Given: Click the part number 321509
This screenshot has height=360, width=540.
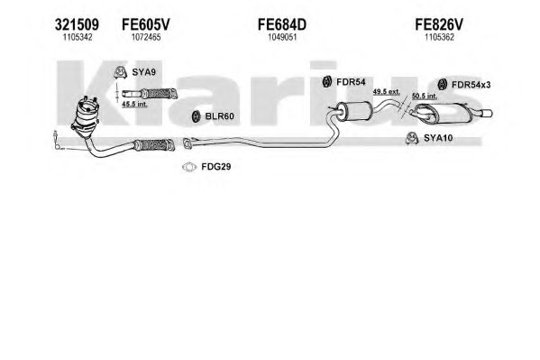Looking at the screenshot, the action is pyautogui.click(x=77, y=24).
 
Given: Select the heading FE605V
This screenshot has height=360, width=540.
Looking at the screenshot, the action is pyautogui.click(x=146, y=24).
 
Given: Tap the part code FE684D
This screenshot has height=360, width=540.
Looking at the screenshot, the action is pyautogui.click(x=282, y=24).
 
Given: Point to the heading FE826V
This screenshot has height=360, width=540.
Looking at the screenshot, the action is pyautogui.click(x=439, y=24).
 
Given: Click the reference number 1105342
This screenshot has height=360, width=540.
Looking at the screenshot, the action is pyautogui.click(x=78, y=37).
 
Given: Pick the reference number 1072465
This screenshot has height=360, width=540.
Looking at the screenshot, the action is pyautogui.click(x=146, y=37).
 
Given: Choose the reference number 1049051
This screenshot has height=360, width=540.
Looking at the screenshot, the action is pyautogui.click(x=282, y=37).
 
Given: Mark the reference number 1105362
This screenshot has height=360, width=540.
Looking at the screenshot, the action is pyautogui.click(x=439, y=37).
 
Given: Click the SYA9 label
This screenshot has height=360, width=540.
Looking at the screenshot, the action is pyautogui.click(x=144, y=72).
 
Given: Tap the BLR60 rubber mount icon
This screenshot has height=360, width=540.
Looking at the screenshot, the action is pyautogui.click(x=196, y=116).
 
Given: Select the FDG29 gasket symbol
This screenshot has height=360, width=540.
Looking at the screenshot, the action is pyautogui.click(x=188, y=167).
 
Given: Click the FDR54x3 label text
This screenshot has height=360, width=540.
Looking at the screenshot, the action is pyautogui.click(x=471, y=85).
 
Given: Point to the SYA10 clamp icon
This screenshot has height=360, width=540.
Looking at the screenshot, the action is pyautogui.click(x=412, y=138).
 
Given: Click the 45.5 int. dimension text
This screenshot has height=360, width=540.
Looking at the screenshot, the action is pyautogui.click(x=134, y=104).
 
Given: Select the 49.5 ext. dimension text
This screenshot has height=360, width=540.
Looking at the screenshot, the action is pyautogui.click(x=387, y=92).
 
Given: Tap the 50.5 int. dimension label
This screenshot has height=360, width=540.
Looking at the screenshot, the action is pyautogui.click(x=425, y=97).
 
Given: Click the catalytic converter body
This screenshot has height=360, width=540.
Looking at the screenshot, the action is pyautogui.click(x=85, y=117).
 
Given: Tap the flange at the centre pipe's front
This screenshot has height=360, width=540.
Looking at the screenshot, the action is pyautogui.click(x=188, y=143).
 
